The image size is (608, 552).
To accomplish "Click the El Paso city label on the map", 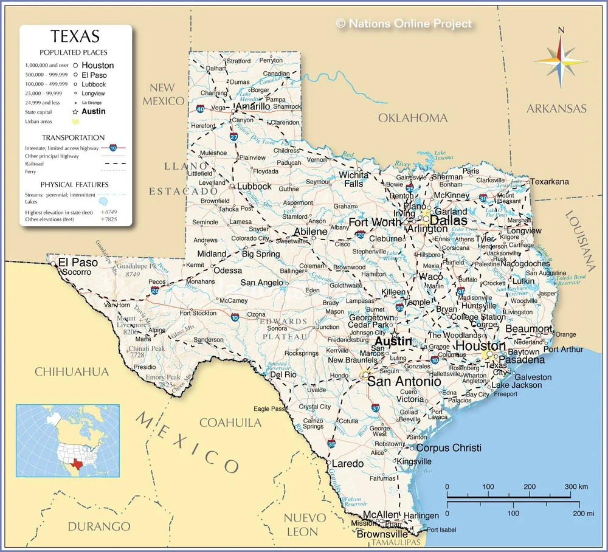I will click(x=77, y=263).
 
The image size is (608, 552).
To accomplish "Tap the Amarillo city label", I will click(x=252, y=106).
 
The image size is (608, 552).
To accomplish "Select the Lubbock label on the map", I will click(x=254, y=187).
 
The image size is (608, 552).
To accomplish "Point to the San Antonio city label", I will click(x=404, y=382).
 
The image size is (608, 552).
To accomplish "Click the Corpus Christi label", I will click(x=449, y=448).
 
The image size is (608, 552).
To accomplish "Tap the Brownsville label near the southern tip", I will click(x=382, y=534).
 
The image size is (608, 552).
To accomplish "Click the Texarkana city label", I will click(x=550, y=182).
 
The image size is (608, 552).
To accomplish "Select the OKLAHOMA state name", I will click(x=413, y=118).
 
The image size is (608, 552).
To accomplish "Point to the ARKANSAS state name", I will click(x=556, y=109).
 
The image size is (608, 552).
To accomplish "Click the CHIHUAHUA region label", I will click(x=71, y=371).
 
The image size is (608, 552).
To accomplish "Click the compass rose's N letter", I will click(x=561, y=30).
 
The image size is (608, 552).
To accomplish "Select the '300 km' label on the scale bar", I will click(x=575, y=487).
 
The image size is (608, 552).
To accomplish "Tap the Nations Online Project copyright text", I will click(x=404, y=24).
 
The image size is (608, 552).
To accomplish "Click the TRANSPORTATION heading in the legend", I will click(x=74, y=137).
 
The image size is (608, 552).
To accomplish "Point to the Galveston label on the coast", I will click(x=533, y=378).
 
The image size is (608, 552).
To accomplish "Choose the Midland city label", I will click(x=212, y=254).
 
